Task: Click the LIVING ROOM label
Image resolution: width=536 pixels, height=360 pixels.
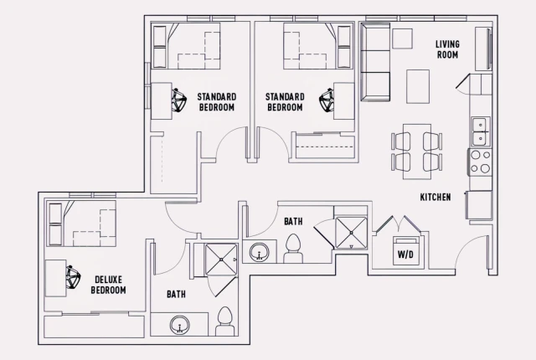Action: coord(447,49)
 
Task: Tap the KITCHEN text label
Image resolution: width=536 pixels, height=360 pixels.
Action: coord(435,198)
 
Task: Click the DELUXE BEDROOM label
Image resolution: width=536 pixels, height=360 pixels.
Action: coord(109,285)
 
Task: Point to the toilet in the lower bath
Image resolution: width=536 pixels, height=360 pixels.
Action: coord(223,321)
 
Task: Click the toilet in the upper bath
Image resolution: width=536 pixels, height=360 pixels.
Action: coord(292,249)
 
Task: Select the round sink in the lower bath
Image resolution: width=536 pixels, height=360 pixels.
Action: coord(178,326)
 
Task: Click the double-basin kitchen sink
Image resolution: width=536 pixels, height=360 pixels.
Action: coord(479,131)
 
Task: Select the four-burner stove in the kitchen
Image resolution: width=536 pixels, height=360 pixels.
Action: coord(480,161)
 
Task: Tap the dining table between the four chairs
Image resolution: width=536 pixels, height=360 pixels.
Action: coord(416,151)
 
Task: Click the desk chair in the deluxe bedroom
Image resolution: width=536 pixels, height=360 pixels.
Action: coord(72,275)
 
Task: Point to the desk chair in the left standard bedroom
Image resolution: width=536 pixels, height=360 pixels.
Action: coord(178,100)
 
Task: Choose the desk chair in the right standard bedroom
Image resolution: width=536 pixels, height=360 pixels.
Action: coord(326,100)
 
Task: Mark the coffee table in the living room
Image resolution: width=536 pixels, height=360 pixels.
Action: coord(419,84)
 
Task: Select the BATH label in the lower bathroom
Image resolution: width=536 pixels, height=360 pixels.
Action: coord(176,294)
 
